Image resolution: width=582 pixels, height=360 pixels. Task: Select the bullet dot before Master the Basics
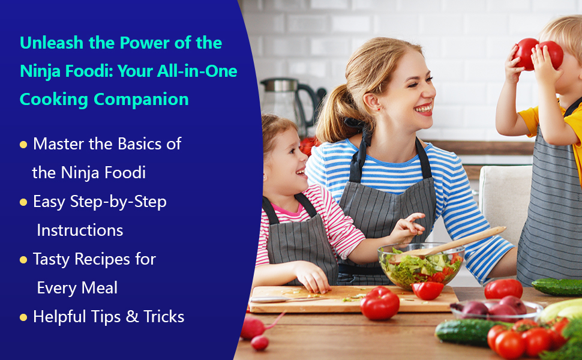(23, 145)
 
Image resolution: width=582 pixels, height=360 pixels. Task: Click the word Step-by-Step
(119, 202)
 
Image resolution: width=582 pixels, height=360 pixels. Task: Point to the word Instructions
(80, 230)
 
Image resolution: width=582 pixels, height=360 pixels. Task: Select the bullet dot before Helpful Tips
(23, 317)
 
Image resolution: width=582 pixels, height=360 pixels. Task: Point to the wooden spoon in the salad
(462, 240)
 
